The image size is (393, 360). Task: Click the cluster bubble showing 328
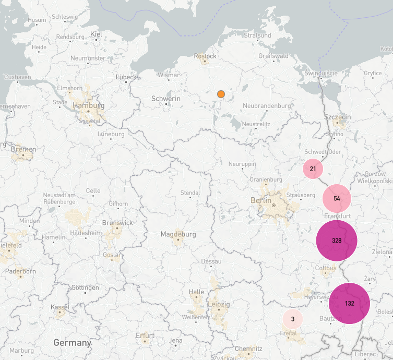point(337,241)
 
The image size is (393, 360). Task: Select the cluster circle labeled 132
point(349,304)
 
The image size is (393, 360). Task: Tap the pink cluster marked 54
point(337,199)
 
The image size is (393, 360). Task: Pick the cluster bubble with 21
point(313,169)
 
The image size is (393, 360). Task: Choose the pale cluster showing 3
point(293,319)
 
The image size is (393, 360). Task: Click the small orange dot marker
point(221,94)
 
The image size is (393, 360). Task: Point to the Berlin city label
point(261,200)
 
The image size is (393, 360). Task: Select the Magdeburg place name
point(178,234)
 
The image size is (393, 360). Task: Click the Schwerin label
point(166,99)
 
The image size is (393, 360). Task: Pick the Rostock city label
point(205,56)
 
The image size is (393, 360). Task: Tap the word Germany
point(72,343)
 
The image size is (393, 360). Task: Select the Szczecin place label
point(338,116)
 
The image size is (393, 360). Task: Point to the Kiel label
point(96,34)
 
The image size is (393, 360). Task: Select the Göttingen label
point(85,287)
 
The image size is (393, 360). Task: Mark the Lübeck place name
point(125,77)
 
